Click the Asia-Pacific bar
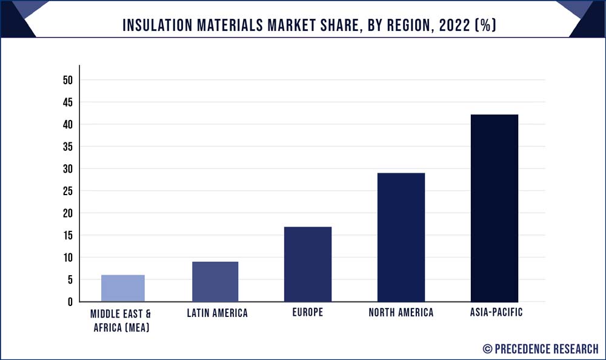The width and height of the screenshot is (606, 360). [494, 208]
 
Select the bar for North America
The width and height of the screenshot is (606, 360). [401, 237]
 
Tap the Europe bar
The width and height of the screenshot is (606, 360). [308, 264]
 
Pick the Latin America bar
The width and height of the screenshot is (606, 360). [215, 282]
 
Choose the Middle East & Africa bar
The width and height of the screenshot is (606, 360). [122, 288]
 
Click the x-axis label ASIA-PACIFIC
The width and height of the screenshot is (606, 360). [494, 313]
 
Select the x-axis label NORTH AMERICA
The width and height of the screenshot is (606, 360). [401, 313]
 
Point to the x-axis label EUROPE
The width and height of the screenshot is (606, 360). [308, 313]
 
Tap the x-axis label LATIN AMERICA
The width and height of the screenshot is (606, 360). [215, 313]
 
